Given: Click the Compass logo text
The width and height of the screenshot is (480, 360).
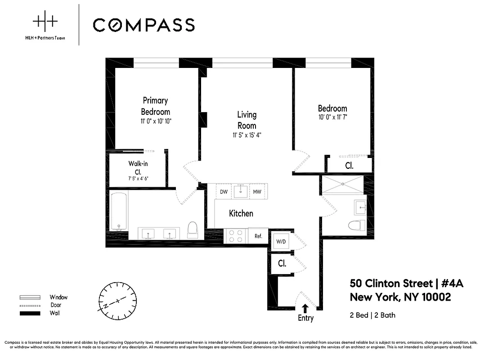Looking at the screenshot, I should click(x=144, y=25).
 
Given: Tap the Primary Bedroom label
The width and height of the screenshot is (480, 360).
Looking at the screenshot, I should click(x=155, y=106).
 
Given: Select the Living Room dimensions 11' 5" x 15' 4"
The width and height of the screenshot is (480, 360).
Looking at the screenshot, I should click(x=247, y=135).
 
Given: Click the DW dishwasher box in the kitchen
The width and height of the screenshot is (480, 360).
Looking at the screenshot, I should click(x=224, y=192).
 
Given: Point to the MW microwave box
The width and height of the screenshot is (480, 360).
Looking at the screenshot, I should click(x=257, y=192).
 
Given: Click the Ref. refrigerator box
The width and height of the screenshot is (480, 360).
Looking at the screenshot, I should click(x=258, y=235).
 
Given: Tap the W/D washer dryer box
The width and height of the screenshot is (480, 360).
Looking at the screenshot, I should click(x=281, y=242).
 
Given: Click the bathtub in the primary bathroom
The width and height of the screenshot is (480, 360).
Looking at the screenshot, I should click(x=119, y=211).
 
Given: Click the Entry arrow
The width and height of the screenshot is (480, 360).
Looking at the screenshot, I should click(x=305, y=308).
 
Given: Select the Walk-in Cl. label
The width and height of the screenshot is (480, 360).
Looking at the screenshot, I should click(x=138, y=167).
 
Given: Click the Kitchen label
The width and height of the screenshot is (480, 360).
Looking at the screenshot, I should click(x=241, y=213).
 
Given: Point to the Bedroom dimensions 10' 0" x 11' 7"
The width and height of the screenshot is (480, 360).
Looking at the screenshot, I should click(x=332, y=117).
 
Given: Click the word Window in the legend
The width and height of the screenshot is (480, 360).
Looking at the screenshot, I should click(x=58, y=297).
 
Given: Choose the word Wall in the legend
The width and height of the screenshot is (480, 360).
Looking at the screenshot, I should click(x=55, y=313).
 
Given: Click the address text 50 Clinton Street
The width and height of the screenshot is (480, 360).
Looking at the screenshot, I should click(x=390, y=283).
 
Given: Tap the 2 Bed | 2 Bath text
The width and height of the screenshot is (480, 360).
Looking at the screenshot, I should click(x=372, y=315).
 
